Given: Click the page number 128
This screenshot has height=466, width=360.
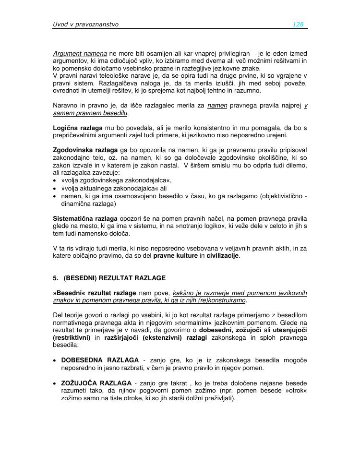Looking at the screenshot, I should pos(298,24).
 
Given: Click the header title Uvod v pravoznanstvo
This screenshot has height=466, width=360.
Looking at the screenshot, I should pos(85,24).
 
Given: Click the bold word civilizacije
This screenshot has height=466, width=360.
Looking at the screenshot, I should pos(223,256).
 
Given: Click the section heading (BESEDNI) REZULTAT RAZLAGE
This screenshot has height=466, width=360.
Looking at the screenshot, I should pos(114,278).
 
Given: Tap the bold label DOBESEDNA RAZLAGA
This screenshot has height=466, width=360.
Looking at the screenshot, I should pos(100,360).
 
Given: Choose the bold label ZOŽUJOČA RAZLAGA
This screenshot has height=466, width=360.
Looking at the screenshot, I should pos(96,383).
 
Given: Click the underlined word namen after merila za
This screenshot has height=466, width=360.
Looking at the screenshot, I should pos(217,106).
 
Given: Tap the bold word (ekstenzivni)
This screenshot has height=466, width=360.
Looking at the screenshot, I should pos(153,337).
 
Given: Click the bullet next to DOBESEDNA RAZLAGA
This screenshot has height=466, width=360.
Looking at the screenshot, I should pos(56,360).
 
